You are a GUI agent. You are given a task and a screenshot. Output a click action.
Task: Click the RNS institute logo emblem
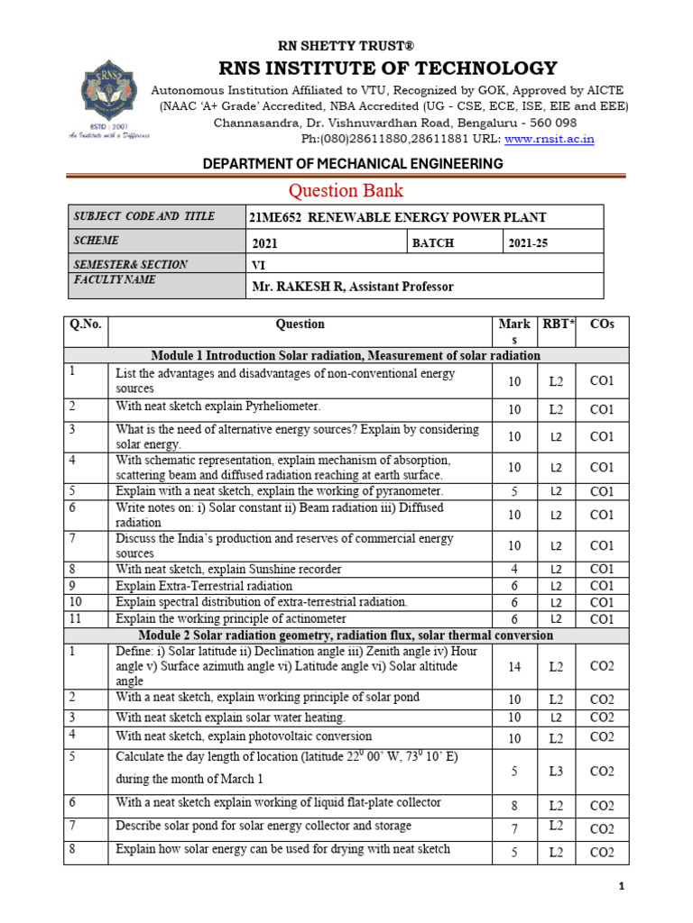(x=106, y=95)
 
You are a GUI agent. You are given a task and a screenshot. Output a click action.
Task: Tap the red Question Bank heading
(x=346, y=190)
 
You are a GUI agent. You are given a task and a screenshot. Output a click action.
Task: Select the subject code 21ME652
(x=274, y=217)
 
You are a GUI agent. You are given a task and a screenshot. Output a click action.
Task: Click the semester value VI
(x=257, y=265)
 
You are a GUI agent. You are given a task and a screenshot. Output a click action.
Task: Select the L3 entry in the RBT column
(x=557, y=772)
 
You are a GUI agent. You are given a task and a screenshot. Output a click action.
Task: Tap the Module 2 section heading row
(x=346, y=635)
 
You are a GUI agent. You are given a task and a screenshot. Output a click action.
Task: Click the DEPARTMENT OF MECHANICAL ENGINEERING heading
(x=346, y=163)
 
